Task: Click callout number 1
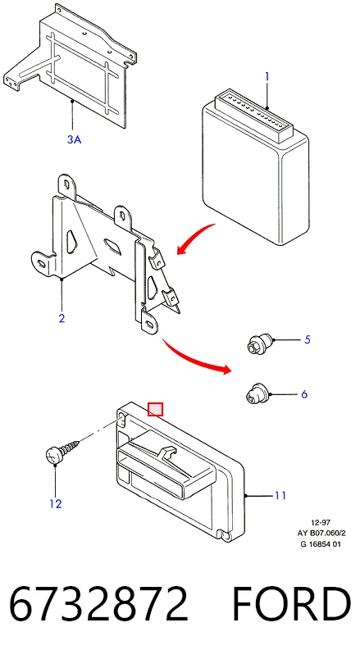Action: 267,76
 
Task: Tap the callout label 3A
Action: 74,139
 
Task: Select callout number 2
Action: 62,318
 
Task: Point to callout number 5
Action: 307,339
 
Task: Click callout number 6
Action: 304,394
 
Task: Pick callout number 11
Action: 280,496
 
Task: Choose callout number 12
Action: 56,503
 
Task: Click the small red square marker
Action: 155,409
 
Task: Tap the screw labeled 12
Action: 63,452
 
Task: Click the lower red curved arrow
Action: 196,357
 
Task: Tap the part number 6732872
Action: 98,603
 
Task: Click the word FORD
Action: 291,603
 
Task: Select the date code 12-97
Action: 321,522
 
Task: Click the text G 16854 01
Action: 321,544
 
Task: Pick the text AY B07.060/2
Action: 321,533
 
